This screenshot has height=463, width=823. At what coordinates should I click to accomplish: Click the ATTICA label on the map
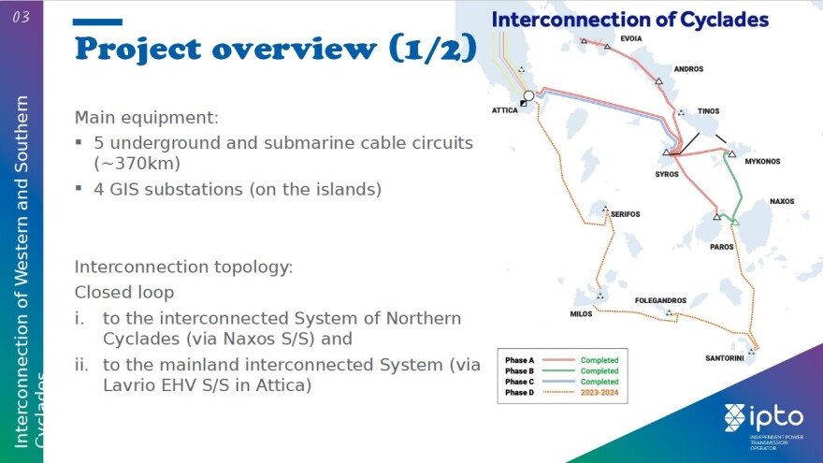(x=505, y=110)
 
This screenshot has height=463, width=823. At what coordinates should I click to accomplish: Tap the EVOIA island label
(x=631, y=39)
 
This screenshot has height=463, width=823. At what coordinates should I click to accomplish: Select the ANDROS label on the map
(x=688, y=69)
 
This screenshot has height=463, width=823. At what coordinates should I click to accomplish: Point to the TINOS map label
(x=708, y=111)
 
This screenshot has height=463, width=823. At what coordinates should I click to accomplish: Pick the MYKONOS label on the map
(x=762, y=161)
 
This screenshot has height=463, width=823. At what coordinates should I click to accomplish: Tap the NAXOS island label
(x=782, y=201)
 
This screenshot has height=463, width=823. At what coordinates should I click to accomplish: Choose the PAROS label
(x=722, y=247)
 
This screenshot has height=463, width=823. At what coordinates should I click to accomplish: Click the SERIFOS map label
(x=626, y=214)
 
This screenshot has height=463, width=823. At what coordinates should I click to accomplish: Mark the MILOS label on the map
(x=582, y=314)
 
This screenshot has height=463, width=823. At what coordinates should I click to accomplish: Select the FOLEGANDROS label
(x=661, y=301)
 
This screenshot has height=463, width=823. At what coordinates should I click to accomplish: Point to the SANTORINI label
(x=725, y=358)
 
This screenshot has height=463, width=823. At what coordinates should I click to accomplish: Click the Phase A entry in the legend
(x=519, y=360)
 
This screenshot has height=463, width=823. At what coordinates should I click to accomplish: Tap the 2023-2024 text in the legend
(x=599, y=393)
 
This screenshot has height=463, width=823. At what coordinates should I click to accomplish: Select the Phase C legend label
(x=519, y=382)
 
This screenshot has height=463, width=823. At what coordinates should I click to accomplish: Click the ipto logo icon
(x=736, y=418)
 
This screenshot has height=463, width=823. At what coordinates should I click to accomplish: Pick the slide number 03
(x=22, y=17)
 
